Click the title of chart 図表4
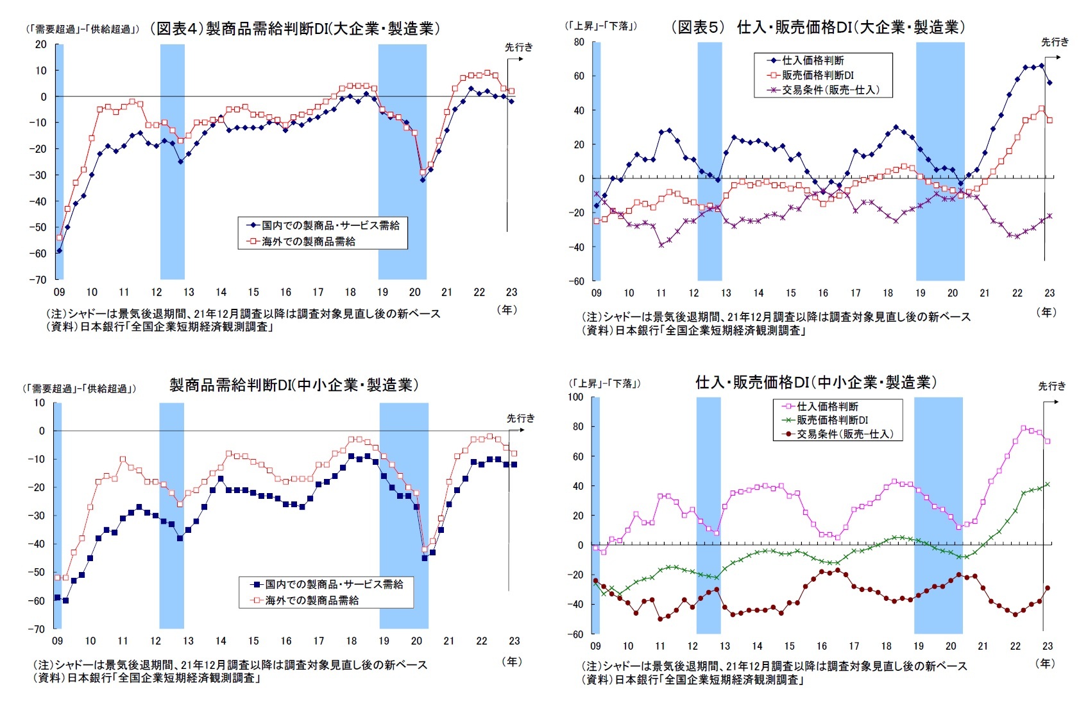coord(295,29)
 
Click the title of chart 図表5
coord(818,27)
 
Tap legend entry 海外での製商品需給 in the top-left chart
coord(308,241)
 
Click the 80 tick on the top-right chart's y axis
coord(579,42)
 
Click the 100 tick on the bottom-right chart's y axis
coord(575,397)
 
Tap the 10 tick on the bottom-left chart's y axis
coord(40,403)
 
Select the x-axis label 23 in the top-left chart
coord(511,292)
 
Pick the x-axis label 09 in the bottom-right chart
coord(595,646)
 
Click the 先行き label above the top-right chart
coord(1055,42)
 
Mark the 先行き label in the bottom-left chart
coord(520,419)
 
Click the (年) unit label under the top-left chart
coord(507,309)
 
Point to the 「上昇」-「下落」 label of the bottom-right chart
coord(604,384)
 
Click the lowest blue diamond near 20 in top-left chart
coord(423,180)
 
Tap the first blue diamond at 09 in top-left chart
coord(59,250)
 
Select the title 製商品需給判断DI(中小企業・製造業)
coord(294,385)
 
